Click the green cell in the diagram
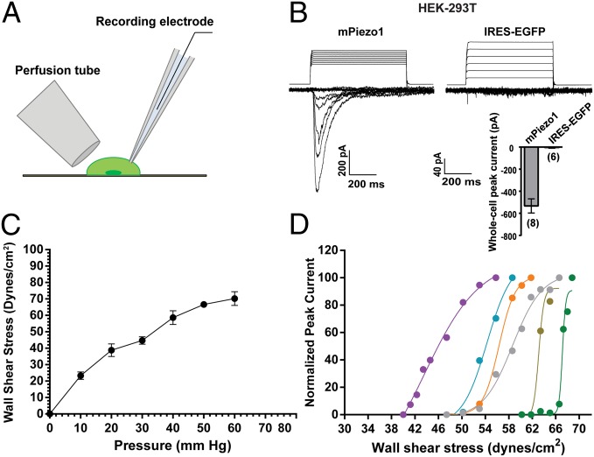pyautogui.click(x=115, y=168)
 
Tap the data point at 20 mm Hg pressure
pyautogui.click(x=111, y=350)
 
